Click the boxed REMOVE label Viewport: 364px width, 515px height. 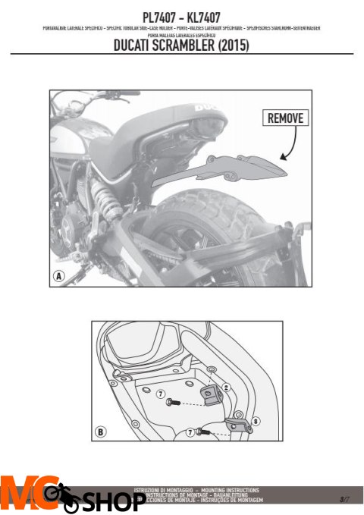[x=284, y=118]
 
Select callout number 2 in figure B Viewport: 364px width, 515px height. [x=226, y=388]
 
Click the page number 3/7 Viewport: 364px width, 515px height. [x=344, y=498]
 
